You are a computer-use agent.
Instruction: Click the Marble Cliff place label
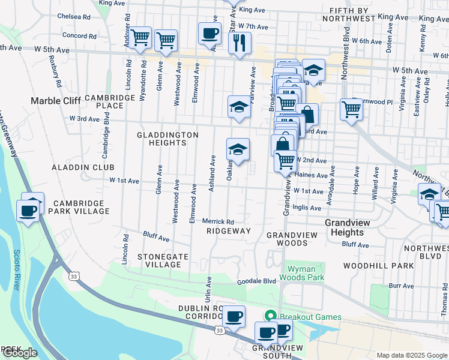(56, 101)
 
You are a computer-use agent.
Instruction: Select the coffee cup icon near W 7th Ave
(209, 34)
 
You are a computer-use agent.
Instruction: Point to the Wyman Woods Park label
(306, 273)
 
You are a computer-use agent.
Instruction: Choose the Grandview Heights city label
(344, 227)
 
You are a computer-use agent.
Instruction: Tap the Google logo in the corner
(20, 353)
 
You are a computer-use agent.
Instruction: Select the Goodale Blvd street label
(256, 281)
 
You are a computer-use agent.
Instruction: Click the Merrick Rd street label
(217, 221)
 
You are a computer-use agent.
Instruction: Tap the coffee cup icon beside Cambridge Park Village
(28, 211)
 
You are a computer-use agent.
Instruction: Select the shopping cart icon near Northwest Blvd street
(351, 110)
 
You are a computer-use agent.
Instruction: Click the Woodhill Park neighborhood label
(378, 265)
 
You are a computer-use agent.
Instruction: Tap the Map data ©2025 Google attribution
(411, 355)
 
